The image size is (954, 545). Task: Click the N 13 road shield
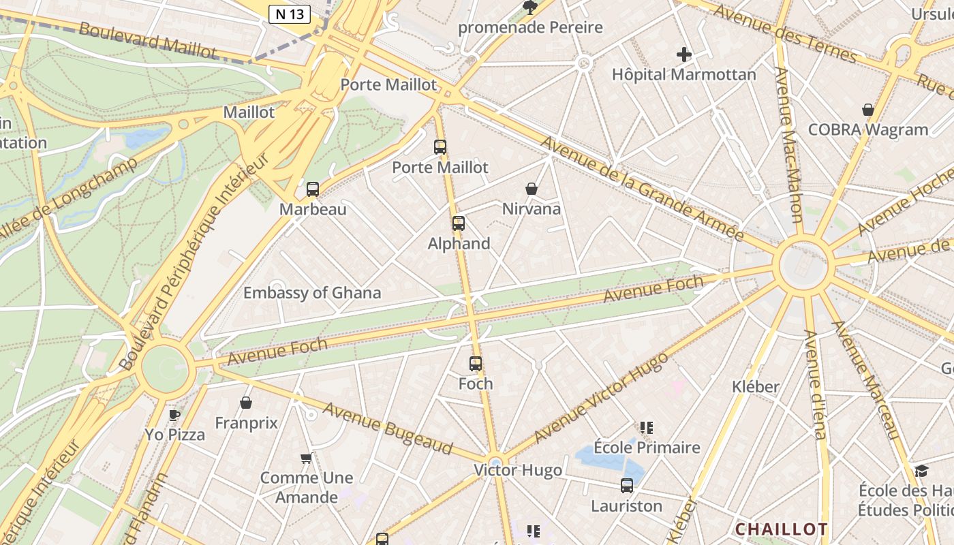[290, 14]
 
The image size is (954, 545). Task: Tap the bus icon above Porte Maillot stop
[440, 146]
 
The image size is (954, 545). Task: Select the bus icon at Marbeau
[313, 189]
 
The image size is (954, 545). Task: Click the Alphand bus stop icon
[459, 223]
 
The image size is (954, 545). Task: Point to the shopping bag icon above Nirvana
[532, 189]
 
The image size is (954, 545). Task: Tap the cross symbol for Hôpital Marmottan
[684, 54]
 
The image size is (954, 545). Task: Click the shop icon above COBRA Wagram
[868, 110]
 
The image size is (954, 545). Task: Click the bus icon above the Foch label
[476, 364]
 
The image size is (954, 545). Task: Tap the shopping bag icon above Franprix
[246, 403]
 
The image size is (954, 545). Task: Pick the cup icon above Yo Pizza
[174, 414]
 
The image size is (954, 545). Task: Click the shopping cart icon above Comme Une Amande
[306, 458]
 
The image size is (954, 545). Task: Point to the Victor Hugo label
[518, 470]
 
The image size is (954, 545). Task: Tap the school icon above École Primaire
[647, 428]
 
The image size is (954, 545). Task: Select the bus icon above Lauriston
[627, 486]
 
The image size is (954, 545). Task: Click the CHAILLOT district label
[781, 529]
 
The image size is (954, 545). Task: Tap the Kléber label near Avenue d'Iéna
[755, 387]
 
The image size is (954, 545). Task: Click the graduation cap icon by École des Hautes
[921, 471]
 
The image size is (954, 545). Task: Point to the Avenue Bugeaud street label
[388, 428]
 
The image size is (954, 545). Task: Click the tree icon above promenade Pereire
[529, 7]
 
